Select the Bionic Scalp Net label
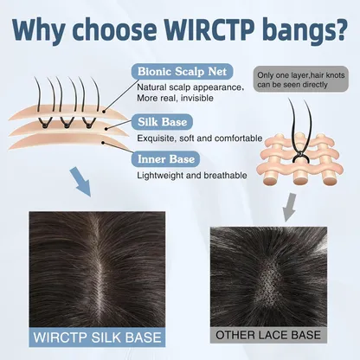point(182,72)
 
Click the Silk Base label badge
point(162,122)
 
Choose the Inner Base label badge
point(166,159)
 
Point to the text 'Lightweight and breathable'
point(192,176)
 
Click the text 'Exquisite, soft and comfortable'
point(200,138)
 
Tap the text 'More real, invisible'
point(175,98)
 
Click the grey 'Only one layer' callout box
point(301,79)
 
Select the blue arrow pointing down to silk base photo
point(80,181)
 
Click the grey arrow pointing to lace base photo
point(289,207)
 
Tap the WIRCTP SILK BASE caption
point(97,337)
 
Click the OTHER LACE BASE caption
point(268,335)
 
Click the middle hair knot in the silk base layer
point(67,125)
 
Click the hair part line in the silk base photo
point(99,268)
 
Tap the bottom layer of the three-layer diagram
point(67,142)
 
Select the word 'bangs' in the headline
point(297,31)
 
